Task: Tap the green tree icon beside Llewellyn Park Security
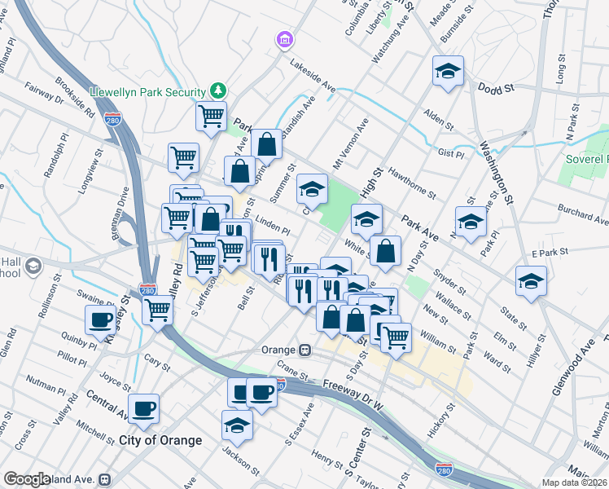218,89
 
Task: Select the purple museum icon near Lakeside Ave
284,39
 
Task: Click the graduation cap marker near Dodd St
447,71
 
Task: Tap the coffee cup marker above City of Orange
143,408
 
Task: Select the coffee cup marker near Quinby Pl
101,319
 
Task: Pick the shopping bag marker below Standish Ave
265,144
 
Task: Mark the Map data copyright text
575,482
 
